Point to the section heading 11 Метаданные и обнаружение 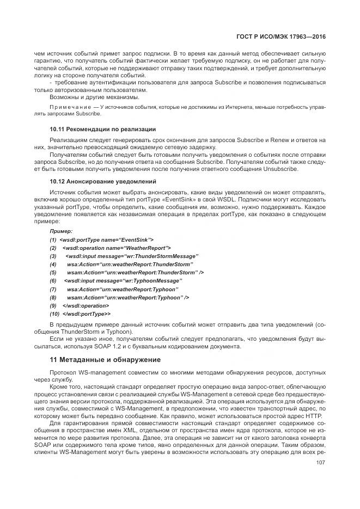click(x=97, y=359)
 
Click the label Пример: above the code click(x=61, y=231)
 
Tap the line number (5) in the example click(x=53, y=272)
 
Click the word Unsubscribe click(x=283, y=169)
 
